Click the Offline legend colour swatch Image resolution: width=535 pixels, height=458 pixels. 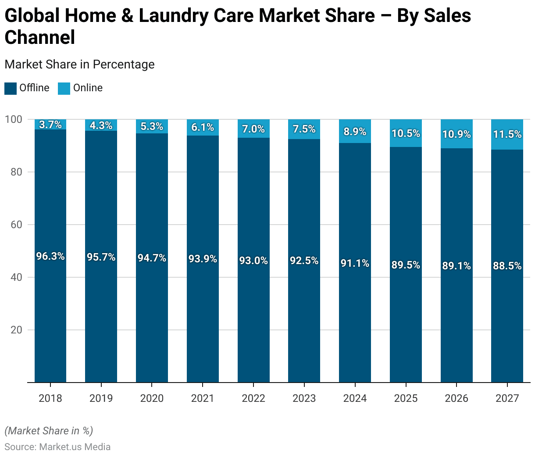(x=11, y=88)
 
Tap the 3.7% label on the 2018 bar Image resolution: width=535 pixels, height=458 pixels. (x=50, y=125)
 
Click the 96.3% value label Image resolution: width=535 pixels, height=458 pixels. (x=50, y=256)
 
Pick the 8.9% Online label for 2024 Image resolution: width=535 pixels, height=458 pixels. (x=355, y=132)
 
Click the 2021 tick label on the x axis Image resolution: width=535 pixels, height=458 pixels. (x=203, y=398)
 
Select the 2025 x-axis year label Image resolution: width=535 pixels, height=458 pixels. (x=406, y=398)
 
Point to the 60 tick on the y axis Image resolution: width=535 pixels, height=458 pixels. (x=16, y=225)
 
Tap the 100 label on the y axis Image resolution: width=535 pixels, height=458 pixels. (x=14, y=119)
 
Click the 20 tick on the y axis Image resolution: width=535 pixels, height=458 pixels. (x=16, y=330)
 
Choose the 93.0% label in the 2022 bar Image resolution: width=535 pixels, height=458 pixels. (x=253, y=261)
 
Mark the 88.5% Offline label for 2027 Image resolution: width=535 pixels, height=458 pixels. (x=507, y=266)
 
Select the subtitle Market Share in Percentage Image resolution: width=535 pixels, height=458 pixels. (x=79, y=64)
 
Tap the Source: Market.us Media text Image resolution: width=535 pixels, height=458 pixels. (x=57, y=447)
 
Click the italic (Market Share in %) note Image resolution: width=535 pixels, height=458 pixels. (x=49, y=431)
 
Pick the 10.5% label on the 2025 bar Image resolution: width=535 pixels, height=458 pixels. (x=406, y=133)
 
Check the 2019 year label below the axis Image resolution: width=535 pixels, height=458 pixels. (x=101, y=398)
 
